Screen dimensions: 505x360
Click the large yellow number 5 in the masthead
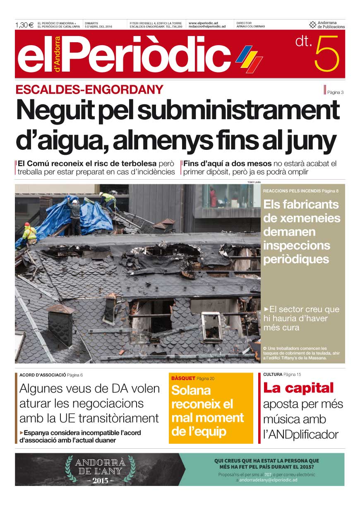[x=326, y=54]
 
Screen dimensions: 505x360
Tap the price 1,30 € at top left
[x=24, y=25]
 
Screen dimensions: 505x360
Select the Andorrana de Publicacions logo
[x=327, y=25]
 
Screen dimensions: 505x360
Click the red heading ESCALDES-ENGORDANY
[x=89, y=89]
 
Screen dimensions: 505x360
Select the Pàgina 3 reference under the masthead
[x=335, y=92]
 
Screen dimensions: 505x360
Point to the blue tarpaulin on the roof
[x=89, y=217]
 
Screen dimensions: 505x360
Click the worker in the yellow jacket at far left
[x=29, y=233]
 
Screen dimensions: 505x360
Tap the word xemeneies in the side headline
[x=301, y=218]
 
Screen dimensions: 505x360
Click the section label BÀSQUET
[x=183, y=378]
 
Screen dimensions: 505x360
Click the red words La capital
[x=298, y=388]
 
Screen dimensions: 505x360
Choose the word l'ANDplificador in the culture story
[x=301, y=435]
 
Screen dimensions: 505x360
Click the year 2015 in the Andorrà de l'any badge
[x=101, y=481]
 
